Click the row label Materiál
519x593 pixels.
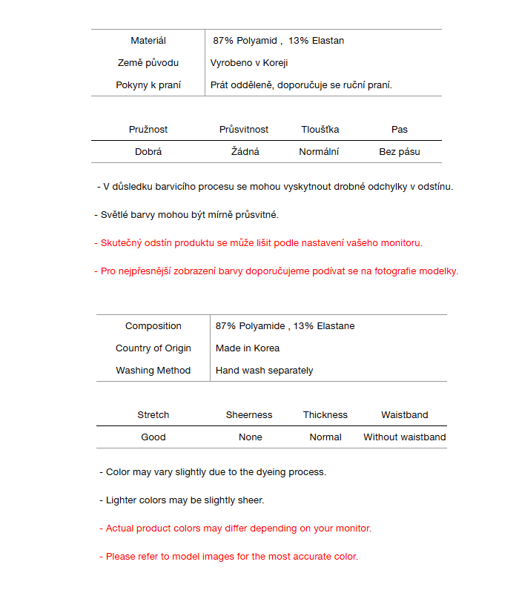(x=148, y=41)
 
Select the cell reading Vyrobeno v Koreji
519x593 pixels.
(x=249, y=63)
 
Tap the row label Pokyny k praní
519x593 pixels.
(x=148, y=85)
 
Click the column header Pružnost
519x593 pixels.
(x=148, y=130)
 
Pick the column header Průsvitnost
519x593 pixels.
(x=244, y=130)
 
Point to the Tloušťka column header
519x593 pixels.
(x=320, y=130)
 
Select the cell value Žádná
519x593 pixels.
(x=245, y=152)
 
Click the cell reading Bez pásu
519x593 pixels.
(x=400, y=152)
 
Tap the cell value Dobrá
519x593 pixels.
(x=148, y=152)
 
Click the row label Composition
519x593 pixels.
(x=153, y=326)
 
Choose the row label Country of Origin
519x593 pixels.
(x=153, y=348)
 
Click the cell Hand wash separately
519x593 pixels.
(x=265, y=371)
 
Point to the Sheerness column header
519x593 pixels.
(x=249, y=415)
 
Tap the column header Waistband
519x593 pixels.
(x=405, y=415)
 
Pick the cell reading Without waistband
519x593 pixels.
(x=405, y=437)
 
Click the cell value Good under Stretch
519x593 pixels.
(x=153, y=437)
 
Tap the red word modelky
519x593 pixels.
(x=438, y=271)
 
